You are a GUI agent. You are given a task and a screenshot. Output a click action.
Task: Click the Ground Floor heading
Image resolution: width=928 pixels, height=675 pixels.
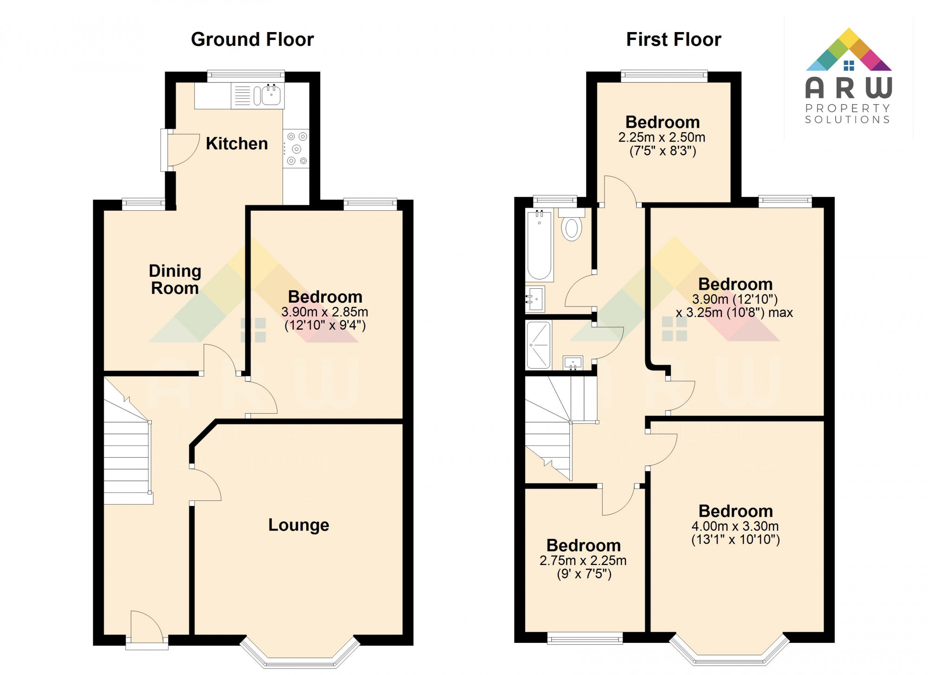point(252,39)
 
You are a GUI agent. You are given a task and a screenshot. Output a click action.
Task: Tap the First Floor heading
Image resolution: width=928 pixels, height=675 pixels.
point(674,39)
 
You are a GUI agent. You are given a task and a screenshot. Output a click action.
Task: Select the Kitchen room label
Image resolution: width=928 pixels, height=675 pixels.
point(237,143)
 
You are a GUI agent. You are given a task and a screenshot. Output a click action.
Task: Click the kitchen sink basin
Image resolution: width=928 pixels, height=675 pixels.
point(271,96)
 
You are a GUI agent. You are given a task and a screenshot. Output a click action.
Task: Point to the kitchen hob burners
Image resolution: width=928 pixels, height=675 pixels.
point(296,149)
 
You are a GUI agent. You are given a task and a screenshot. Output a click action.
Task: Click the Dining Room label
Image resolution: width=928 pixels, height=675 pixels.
point(175,279)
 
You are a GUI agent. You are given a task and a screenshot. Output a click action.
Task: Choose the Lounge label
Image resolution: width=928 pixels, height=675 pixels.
point(299,525)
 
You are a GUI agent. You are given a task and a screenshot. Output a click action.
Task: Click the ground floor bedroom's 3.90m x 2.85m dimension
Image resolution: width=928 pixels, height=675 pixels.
point(325,312)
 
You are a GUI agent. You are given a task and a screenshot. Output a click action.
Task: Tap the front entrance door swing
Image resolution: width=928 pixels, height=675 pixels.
point(146,624)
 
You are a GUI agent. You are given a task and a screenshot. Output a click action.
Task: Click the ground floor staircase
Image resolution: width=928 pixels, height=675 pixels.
point(126,460)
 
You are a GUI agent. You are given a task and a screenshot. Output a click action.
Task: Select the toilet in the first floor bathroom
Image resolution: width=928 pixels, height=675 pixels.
point(572,228)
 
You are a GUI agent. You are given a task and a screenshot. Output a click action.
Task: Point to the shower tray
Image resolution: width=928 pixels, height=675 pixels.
point(538,345)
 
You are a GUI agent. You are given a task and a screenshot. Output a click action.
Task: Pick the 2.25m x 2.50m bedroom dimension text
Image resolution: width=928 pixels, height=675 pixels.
point(662,137)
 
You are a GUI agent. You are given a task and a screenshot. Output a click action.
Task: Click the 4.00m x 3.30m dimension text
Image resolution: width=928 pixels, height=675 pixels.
point(735,526)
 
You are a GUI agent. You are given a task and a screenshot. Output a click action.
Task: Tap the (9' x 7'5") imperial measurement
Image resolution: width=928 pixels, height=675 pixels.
point(584,574)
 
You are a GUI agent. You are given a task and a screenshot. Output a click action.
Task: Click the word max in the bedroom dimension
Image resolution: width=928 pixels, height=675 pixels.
point(780,313)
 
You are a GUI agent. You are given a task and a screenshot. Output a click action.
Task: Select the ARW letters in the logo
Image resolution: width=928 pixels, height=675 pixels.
point(848,88)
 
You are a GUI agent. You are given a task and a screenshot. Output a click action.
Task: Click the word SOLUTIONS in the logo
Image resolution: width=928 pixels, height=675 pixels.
point(848,120)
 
